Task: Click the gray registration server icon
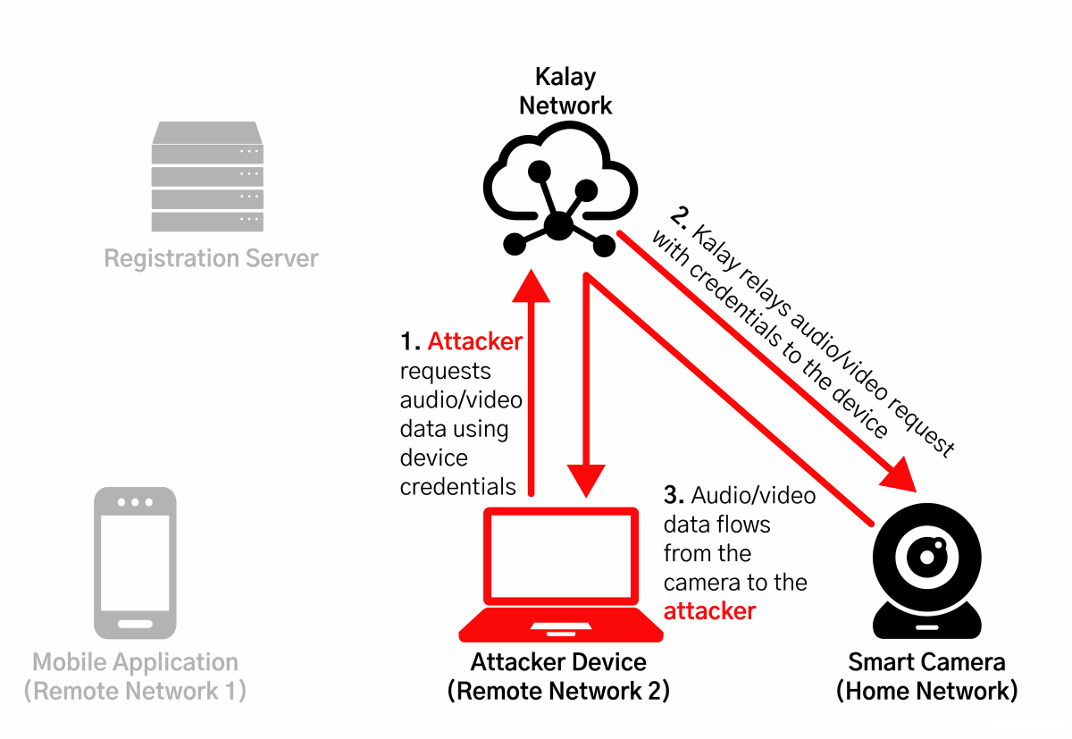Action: [x=207, y=176]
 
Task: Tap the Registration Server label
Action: [x=211, y=258]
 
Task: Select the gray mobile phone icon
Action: [x=135, y=563]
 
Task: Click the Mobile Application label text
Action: [x=135, y=662]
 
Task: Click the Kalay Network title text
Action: [x=565, y=91]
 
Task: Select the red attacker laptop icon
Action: [x=561, y=575]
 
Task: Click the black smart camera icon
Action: [x=927, y=570]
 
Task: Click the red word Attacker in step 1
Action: [x=474, y=341]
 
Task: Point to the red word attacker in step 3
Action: [x=709, y=611]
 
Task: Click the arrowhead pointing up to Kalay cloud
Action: [x=531, y=286]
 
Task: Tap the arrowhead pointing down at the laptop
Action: [x=586, y=481]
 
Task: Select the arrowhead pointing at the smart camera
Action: [x=900, y=475]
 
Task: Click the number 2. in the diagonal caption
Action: [x=680, y=218]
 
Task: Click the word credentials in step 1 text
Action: [x=458, y=487]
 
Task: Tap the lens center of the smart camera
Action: [x=927, y=557]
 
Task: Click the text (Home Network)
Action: [x=926, y=691]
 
